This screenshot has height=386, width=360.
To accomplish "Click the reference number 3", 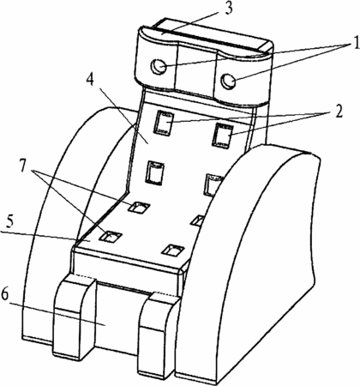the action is tap(228, 9).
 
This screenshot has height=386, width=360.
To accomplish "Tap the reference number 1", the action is tap(355, 43).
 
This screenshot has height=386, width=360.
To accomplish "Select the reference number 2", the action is tap(339, 112).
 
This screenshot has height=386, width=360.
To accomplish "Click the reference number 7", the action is tap(25, 166).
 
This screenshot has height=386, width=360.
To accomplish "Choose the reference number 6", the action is tap(5, 295).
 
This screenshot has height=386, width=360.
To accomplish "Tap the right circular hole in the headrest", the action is tap(229, 81).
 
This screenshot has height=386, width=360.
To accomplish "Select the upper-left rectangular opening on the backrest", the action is tap(164, 123).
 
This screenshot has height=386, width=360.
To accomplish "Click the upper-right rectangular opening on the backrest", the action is tap(222, 136).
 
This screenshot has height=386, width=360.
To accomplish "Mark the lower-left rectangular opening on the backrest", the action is tap(156, 172).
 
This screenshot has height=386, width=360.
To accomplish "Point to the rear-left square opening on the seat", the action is tap(139, 208).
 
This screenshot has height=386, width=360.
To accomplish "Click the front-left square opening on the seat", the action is tap(111, 237).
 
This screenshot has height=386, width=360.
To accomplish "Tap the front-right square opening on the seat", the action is tap(173, 250).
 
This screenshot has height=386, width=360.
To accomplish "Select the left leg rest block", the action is tap(74, 316).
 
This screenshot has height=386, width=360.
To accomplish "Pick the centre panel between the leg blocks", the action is tap(117, 317).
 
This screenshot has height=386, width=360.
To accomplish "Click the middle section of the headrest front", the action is tap(196, 69).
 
